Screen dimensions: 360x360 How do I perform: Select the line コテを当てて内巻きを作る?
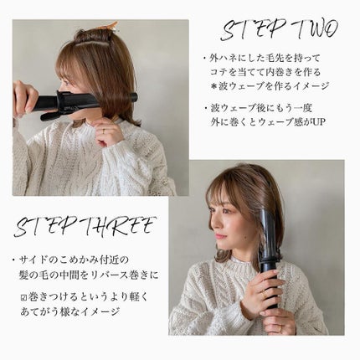267,74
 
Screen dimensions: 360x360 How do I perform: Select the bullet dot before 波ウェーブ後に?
207,109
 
